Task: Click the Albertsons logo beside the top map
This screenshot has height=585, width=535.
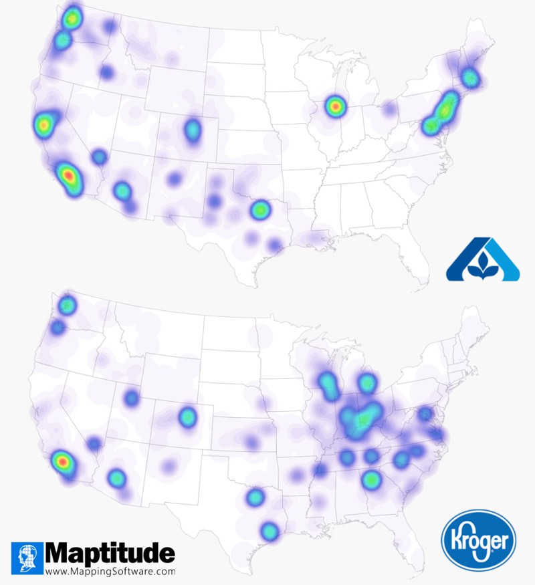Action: coord(483,259)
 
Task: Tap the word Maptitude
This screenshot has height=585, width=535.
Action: coord(110,554)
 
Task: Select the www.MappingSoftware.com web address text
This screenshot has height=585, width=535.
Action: coord(110,572)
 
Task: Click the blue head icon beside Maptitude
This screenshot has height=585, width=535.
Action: coord(27,559)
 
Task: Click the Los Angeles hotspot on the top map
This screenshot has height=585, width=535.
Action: coord(68,176)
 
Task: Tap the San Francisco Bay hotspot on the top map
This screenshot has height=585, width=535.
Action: coord(43,124)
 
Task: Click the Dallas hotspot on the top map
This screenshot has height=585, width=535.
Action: coord(259,210)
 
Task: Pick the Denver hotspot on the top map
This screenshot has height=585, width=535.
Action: coord(193,130)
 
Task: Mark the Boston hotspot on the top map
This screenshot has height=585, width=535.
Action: coord(470,78)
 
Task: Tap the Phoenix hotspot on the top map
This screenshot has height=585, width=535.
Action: coord(122,191)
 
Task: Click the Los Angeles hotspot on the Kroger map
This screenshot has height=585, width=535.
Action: coord(62,461)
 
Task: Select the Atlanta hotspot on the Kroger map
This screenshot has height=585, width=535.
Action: coord(371,479)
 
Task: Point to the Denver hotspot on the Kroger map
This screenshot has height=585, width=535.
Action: coord(187,417)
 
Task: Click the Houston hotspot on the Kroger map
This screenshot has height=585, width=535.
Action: coord(269,531)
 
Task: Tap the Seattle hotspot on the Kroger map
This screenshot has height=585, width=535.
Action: coord(67,306)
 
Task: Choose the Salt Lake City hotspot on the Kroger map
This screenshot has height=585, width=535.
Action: coord(131,398)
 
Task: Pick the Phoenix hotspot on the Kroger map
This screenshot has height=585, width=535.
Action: coord(117,478)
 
